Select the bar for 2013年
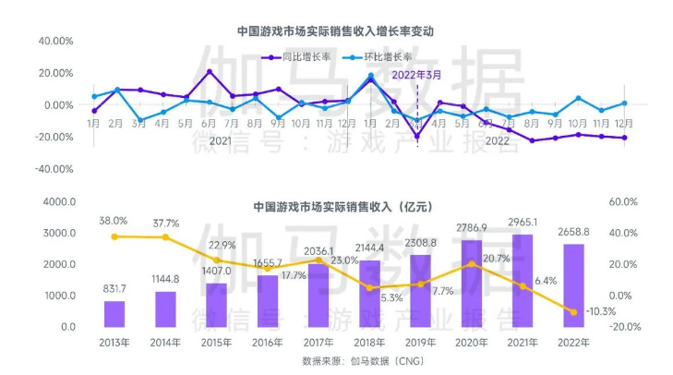tap(114, 314)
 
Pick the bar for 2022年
tap(573, 285)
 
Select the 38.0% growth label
tap(114, 222)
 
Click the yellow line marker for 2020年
tap(472, 264)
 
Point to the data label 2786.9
tap(472, 226)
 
